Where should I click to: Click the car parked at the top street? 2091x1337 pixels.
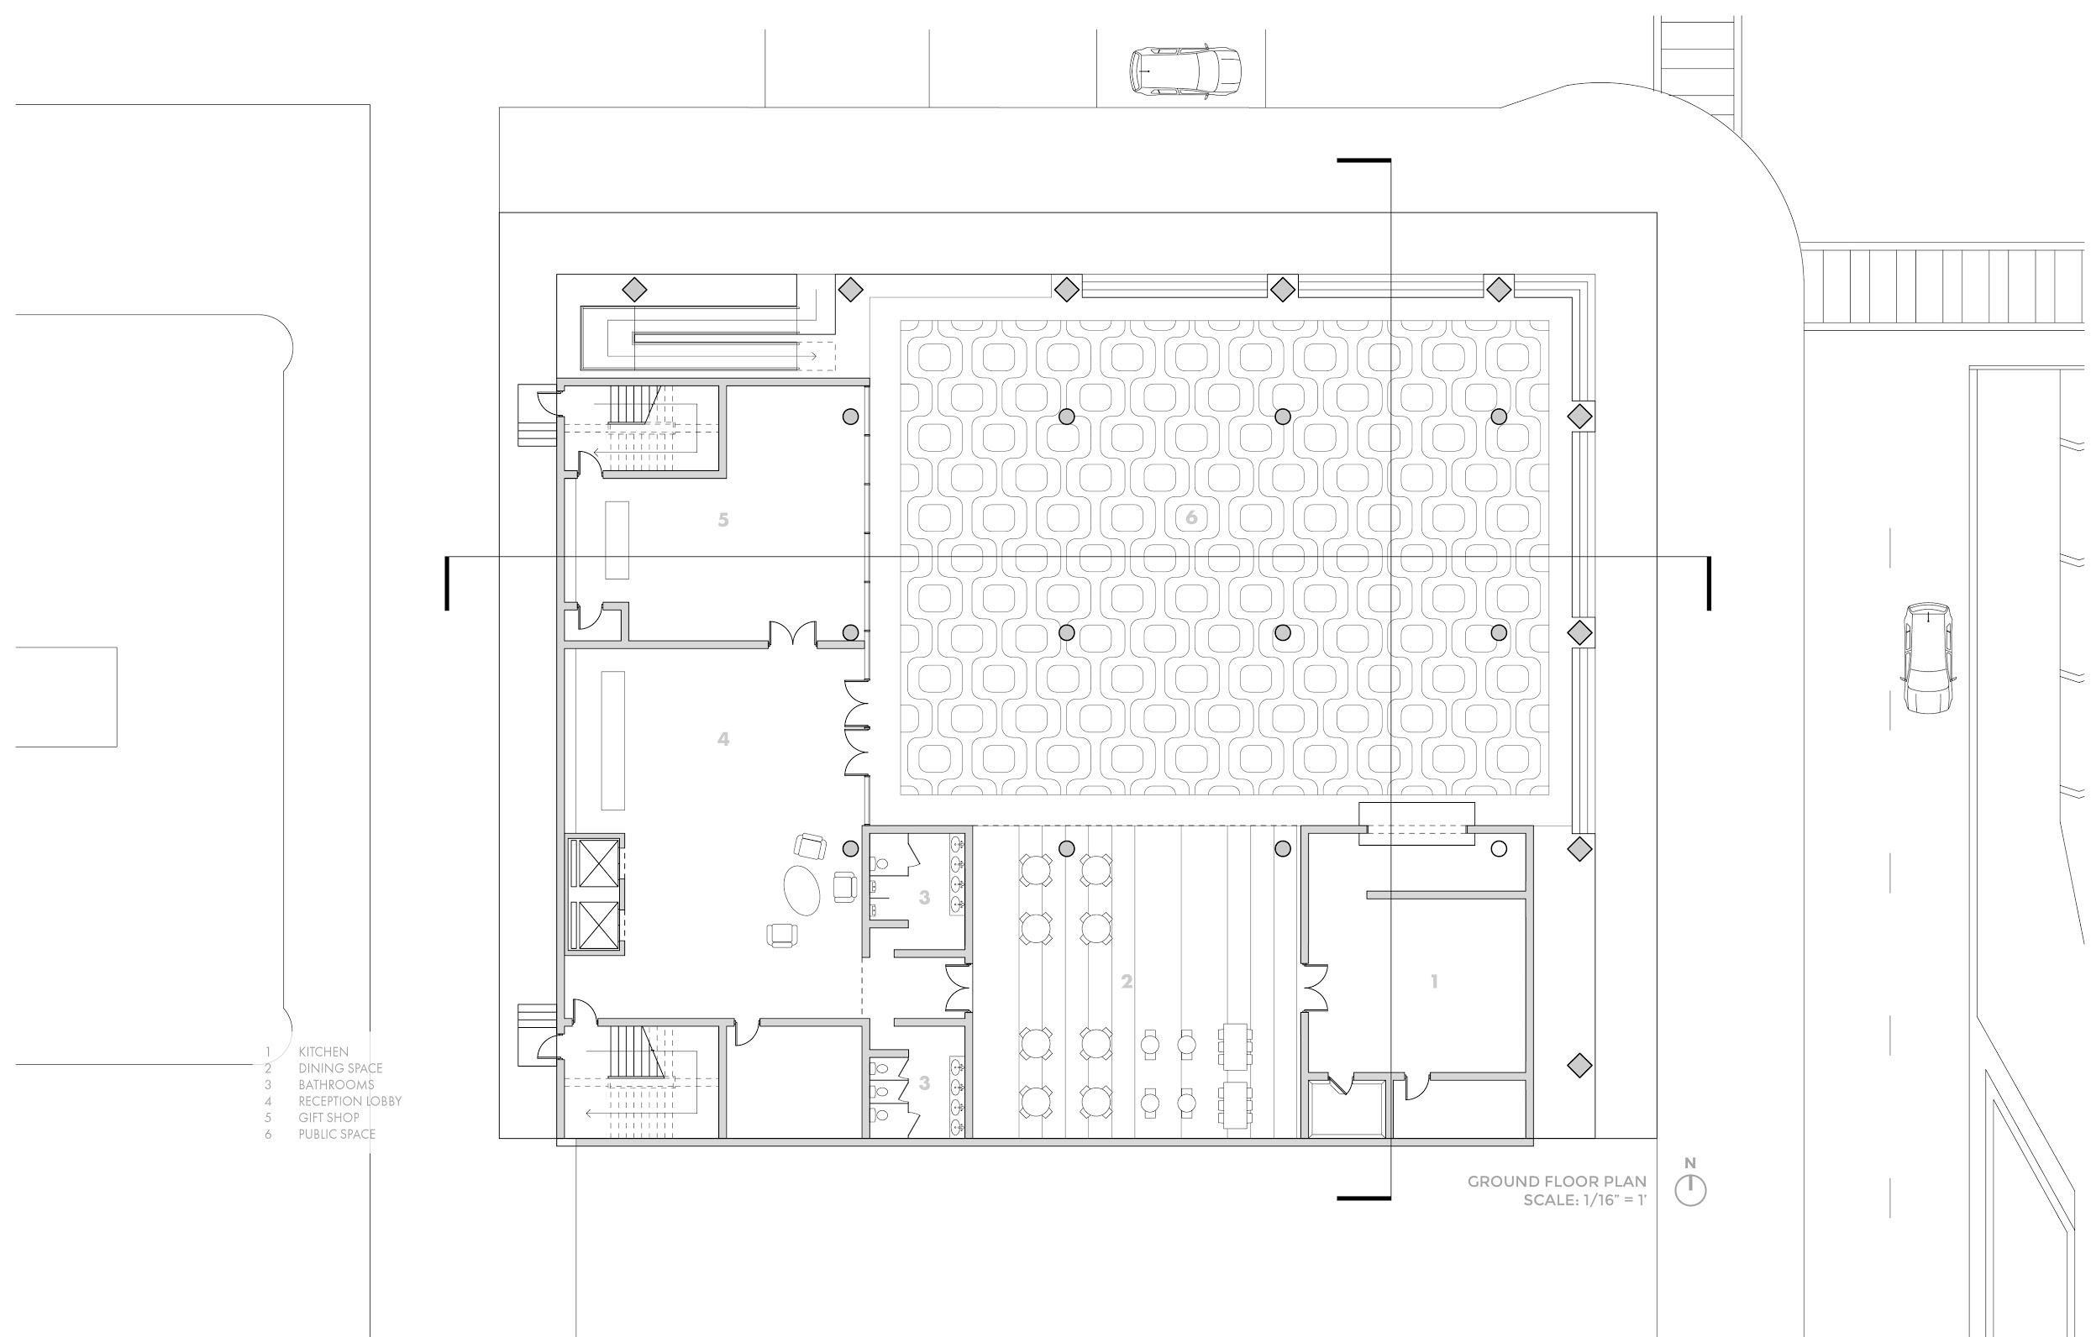click(x=1185, y=70)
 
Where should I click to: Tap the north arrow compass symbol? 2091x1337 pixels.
click(x=1689, y=1188)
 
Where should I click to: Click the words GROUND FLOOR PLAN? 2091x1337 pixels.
click(x=1556, y=1181)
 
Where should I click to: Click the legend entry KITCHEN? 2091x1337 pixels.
click(x=323, y=1052)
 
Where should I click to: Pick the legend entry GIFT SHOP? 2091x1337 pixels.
click(x=328, y=1117)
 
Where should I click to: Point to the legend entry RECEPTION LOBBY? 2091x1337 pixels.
click(x=349, y=1101)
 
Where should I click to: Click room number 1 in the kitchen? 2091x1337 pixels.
click(x=1434, y=981)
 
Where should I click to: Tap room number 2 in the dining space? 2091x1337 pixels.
click(x=1127, y=982)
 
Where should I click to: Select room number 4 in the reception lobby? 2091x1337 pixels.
click(x=722, y=739)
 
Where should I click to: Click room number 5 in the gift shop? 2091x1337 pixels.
click(x=722, y=520)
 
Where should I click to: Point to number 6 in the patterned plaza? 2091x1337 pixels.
click(x=1190, y=517)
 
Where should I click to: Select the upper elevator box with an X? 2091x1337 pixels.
click(x=594, y=863)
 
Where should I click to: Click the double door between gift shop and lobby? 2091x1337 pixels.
click(x=792, y=633)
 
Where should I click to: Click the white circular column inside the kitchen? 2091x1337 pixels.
click(x=1498, y=848)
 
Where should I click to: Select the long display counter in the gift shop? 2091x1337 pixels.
click(x=617, y=539)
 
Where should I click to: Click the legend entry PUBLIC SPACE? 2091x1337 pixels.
click(x=337, y=1134)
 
